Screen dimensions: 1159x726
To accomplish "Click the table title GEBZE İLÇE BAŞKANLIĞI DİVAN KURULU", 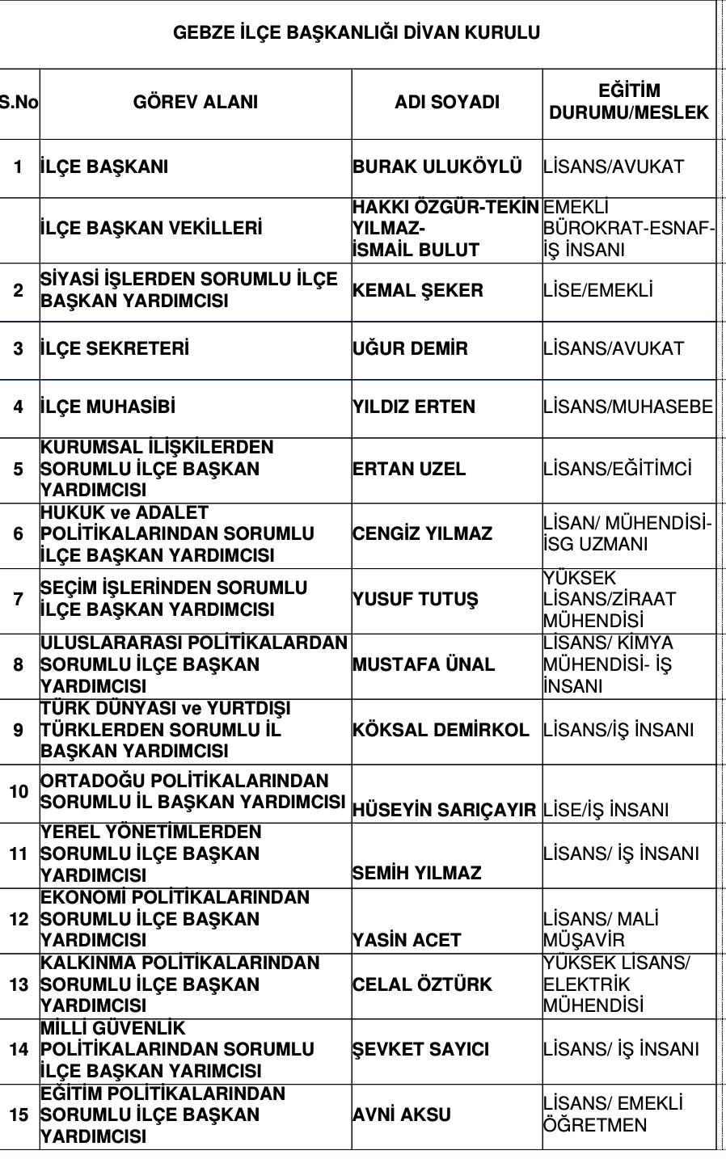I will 357,33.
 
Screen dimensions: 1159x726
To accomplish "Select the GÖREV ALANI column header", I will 196,103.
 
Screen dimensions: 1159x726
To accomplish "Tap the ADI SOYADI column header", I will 447,103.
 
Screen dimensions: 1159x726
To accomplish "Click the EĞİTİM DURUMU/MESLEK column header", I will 629,102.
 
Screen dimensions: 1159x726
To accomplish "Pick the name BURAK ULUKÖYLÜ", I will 437,167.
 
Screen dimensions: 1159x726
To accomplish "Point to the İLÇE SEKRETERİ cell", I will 115,349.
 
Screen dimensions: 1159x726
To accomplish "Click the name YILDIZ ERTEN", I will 414,407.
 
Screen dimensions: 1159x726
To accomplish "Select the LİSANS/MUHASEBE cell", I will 628,407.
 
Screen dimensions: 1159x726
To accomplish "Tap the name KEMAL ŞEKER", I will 418,291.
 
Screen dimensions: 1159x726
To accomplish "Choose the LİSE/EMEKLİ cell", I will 598,291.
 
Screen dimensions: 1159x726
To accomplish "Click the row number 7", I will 19,600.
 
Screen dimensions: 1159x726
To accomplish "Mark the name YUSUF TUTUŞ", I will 416,600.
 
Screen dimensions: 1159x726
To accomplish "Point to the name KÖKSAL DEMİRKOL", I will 441,731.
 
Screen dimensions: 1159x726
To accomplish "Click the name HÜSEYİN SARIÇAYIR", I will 445,811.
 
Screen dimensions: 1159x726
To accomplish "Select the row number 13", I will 19,985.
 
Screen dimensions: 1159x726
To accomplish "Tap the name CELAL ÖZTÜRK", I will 422,985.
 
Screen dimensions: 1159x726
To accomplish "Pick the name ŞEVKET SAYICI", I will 420,1050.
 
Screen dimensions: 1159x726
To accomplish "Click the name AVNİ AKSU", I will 401,1115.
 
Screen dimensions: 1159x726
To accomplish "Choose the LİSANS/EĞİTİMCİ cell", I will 618,470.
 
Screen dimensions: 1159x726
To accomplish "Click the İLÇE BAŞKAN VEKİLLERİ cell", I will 151,229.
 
